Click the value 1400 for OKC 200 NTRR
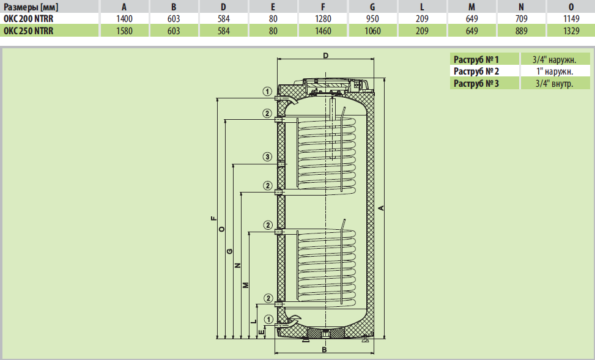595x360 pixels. pyautogui.click(x=124, y=18)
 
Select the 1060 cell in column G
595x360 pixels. pyautogui.click(x=372, y=31)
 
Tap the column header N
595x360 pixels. pyautogui.click(x=521, y=7)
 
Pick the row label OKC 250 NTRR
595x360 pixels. pyautogui.click(x=29, y=31)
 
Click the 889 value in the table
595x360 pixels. pyautogui.click(x=522, y=31)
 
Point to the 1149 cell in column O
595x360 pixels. pyautogui.click(x=571, y=18)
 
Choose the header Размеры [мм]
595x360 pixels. pyautogui.click(x=31, y=7)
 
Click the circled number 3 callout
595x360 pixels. pyautogui.click(x=267, y=156)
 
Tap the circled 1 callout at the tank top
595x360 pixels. pyautogui.click(x=267, y=92)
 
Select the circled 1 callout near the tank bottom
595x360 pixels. pyautogui.click(x=268, y=320)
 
